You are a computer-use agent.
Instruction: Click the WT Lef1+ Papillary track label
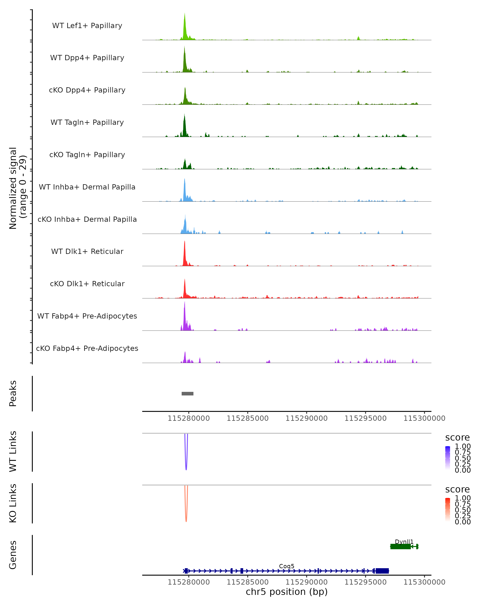(x=87, y=26)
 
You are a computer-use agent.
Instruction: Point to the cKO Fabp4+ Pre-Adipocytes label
(x=87, y=348)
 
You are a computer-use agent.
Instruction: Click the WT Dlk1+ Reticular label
(x=87, y=251)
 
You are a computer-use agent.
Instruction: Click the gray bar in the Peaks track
(x=188, y=393)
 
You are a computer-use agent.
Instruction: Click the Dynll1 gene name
(x=404, y=542)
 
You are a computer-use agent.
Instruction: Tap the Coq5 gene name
(x=287, y=566)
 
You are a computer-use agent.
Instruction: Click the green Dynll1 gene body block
(x=400, y=546)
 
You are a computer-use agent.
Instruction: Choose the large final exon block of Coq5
(x=382, y=571)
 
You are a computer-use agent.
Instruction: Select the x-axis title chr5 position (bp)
(x=287, y=592)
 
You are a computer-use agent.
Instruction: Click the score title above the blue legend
(x=457, y=437)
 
